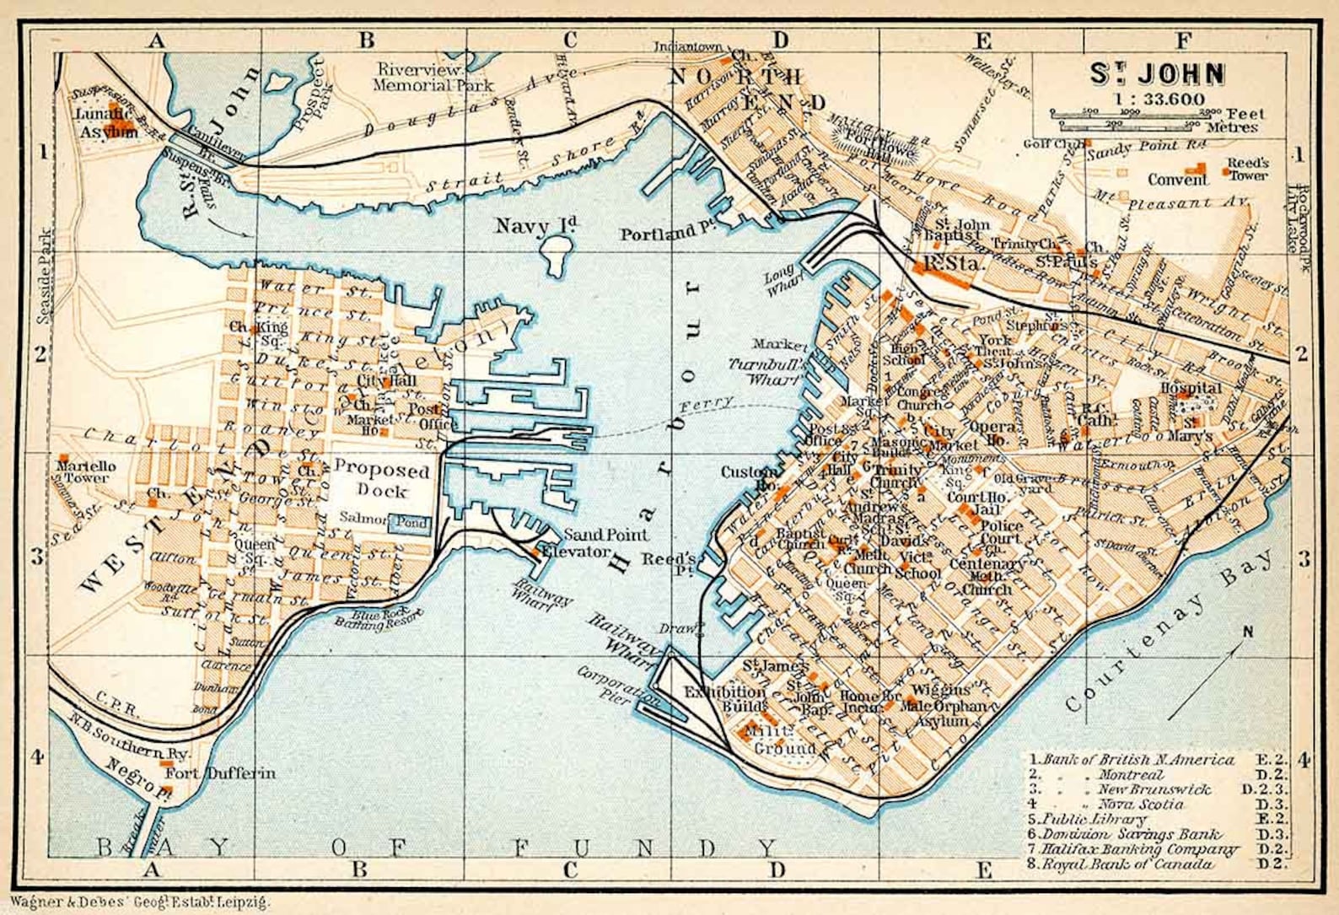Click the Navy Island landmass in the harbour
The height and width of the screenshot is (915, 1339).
point(556,255)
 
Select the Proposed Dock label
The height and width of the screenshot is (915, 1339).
point(381,480)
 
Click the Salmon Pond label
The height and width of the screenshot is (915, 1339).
point(384,520)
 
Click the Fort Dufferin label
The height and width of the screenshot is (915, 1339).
point(219,772)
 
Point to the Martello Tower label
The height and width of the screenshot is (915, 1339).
point(87,471)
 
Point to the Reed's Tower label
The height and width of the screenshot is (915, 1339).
point(1246,169)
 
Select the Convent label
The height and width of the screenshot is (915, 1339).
point(1177,180)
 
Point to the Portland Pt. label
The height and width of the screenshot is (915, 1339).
point(659,233)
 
